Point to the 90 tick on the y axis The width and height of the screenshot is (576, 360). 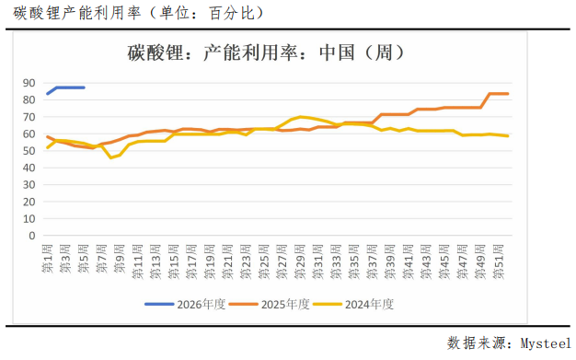[29, 83]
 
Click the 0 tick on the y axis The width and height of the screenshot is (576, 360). [31, 235]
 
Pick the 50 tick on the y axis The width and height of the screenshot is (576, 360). [29, 150]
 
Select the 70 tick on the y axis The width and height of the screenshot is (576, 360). [29, 117]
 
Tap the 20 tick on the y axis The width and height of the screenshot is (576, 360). [29, 201]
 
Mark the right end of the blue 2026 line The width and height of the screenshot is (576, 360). [84, 87]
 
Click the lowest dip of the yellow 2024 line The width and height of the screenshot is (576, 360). [110, 157]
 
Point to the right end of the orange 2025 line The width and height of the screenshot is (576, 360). [508, 94]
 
